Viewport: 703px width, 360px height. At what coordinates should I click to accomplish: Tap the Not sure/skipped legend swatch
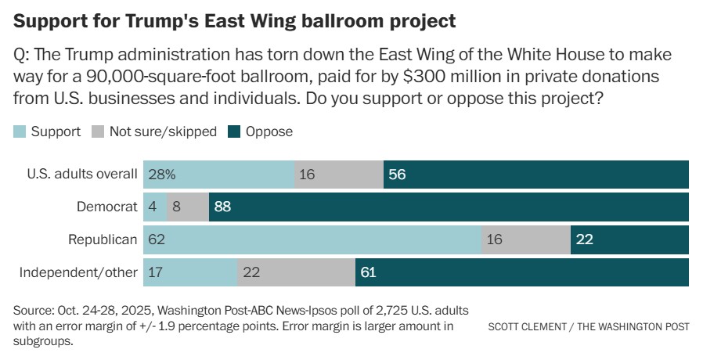coord(98,131)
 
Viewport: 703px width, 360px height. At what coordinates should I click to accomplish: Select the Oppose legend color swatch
coord(234,131)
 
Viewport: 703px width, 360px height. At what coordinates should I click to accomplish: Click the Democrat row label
coord(107,207)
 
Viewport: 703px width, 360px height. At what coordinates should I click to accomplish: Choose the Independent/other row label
coord(78,272)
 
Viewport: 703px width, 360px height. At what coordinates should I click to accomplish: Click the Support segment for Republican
coord(313,239)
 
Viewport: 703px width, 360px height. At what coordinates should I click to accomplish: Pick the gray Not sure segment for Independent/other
coord(296,272)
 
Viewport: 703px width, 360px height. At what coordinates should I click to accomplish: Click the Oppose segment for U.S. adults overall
coord(536,174)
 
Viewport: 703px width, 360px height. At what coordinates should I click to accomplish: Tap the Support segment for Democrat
coord(155,207)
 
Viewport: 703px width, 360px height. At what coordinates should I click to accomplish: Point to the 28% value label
coord(161,174)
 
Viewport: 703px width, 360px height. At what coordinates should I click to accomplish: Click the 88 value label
coord(224,207)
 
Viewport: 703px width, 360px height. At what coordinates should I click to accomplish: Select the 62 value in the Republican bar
coord(156,239)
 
